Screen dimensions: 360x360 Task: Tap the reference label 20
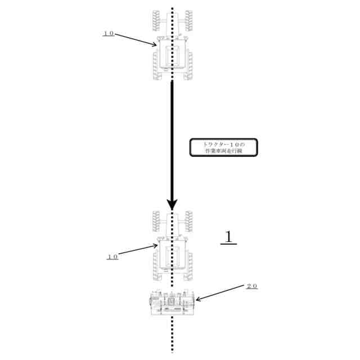click(251, 286)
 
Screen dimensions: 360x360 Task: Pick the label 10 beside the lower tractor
click(112, 256)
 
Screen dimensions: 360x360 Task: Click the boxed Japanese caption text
click(223, 147)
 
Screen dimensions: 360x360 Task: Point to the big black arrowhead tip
click(173, 210)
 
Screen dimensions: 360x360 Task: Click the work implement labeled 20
click(172, 304)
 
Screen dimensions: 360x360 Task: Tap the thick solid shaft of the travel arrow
click(173, 141)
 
